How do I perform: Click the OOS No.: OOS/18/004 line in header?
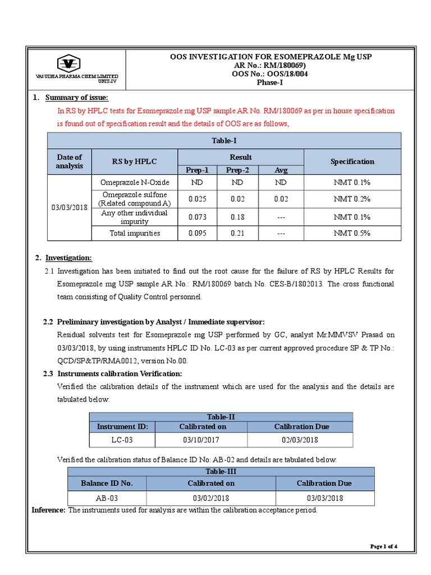point(271,74)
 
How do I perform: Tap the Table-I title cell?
point(224,140)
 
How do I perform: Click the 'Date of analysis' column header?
point(69,161)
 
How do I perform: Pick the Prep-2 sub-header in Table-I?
point(237,170)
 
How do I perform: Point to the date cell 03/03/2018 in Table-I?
point(69,208)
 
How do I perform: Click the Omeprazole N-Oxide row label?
point(134,182)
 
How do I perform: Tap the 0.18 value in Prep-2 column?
point(237,217)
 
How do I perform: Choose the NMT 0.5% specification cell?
point(352,233)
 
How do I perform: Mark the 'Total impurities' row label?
point(134,233)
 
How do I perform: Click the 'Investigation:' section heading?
point(68,258)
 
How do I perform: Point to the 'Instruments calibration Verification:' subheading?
point(120,373)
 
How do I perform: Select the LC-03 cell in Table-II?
point(122,440)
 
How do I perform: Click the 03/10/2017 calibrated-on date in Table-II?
point(202,440)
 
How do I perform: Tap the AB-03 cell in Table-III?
point(107,498)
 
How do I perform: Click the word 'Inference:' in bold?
point(48,510)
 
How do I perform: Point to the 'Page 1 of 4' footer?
point(384,546)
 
